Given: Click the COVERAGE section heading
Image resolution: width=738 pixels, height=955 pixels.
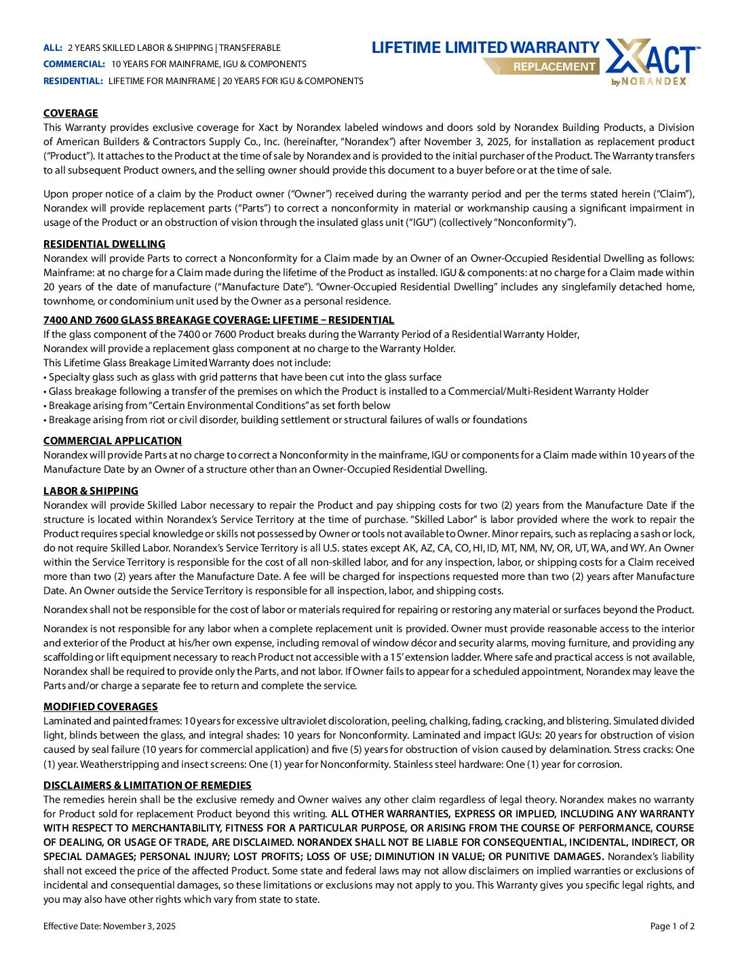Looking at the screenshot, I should coord(71,113).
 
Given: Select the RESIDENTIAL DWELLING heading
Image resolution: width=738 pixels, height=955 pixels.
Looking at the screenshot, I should coord(104,244).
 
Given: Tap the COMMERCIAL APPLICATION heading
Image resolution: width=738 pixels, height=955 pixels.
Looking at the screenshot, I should coord(113,441).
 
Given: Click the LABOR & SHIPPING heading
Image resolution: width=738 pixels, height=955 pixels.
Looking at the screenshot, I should coord(91,491).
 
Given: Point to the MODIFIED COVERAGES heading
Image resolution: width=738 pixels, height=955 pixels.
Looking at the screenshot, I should coord(100,707).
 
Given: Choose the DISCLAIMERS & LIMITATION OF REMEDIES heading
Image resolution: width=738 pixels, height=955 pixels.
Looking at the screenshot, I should coord(147,785).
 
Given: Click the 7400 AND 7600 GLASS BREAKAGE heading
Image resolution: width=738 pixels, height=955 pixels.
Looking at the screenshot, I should coord(218,320).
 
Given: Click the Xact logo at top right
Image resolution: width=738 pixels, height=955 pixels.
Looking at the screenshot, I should coord(651,57).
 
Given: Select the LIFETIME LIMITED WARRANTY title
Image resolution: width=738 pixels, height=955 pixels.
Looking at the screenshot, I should coord(485,47).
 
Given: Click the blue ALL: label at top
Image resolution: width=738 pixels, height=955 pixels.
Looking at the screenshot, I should coord(53,48).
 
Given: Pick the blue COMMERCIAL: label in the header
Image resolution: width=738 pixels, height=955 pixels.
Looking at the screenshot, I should coord(74,64).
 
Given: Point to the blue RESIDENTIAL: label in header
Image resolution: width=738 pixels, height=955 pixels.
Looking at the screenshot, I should coord(73,81).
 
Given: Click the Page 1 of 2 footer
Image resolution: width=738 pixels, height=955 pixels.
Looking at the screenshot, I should coord(672,927).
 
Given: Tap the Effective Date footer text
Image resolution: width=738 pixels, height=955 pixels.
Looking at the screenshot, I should coord(109,927).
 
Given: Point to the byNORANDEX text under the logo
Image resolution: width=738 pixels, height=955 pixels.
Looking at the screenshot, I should coord(649,81).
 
